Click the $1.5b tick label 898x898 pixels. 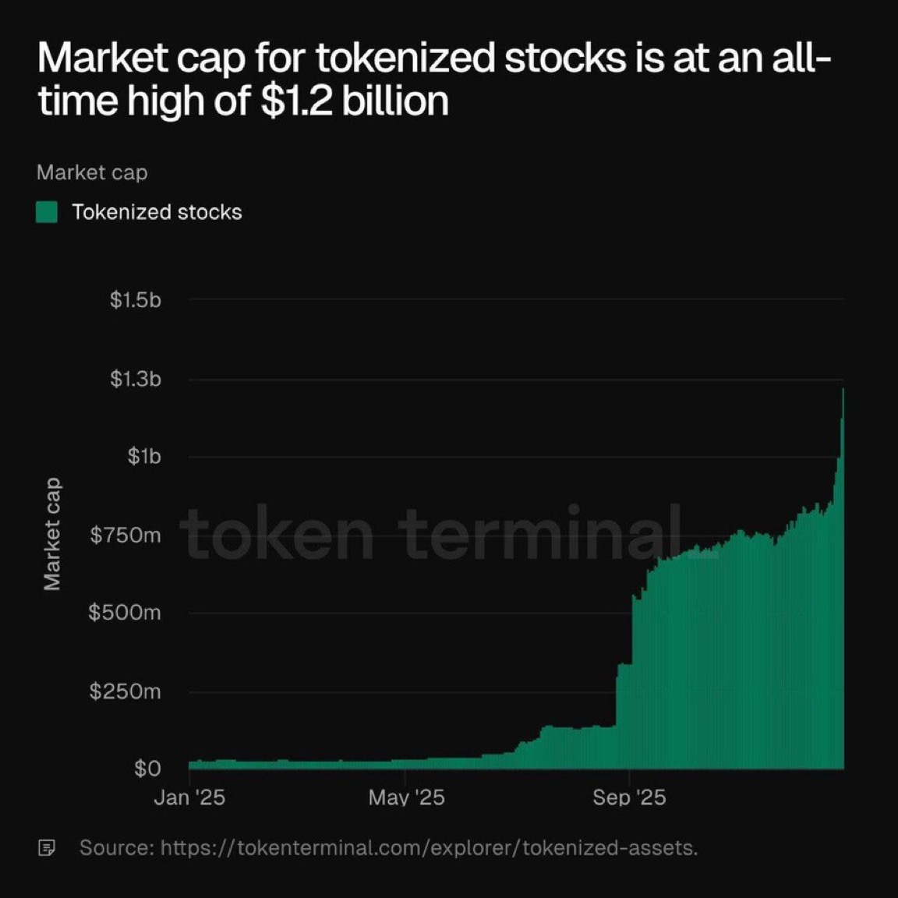click(x=136, y=300)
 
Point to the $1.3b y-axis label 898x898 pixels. click(x=136, y=380)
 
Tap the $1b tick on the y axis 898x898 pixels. click(x=144, y=457)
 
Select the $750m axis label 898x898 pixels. click(x=126, y=536)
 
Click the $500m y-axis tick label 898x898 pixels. click(x=125, y=613)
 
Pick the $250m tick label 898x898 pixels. click(x=125, y=691)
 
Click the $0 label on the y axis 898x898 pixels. click(x=147, y=769)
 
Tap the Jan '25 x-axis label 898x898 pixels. click(x=189, y=797)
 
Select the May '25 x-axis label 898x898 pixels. click(x=406, y=797)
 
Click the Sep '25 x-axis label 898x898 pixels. click(x=629, y=797)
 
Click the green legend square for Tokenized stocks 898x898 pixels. click(x=47, y=212)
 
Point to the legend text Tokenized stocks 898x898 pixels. click(x=157, y=212)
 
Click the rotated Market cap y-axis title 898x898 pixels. click(x=52, y=534)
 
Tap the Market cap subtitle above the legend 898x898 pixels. click(x=92, y=172)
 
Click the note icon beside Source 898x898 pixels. click(x=47, y=847)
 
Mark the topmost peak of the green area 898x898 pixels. click(x=843, y=389)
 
